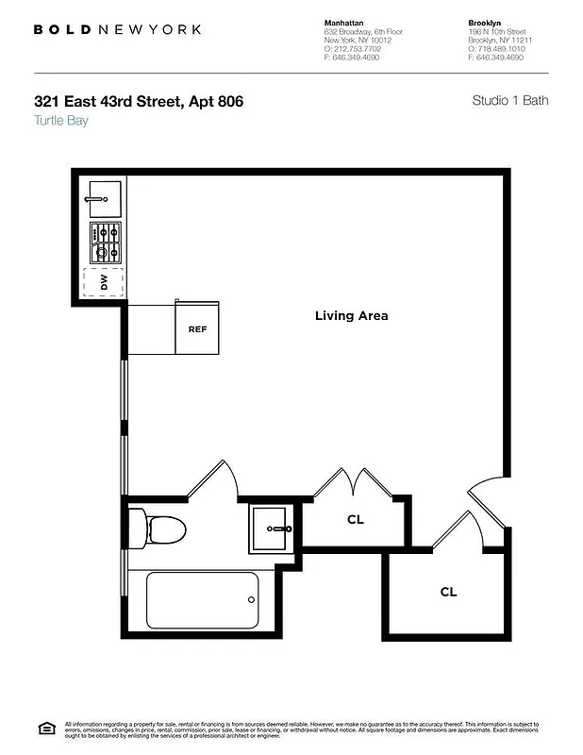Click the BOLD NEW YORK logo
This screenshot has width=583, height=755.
click(117, 29)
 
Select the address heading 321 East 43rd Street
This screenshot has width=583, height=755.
click(139, 100)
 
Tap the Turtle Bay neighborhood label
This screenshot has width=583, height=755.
click(60, 120)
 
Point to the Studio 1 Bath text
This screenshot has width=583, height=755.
click(509, 100)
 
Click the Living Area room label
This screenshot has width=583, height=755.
click(351, 316)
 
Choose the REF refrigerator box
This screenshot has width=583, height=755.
click(197, 329)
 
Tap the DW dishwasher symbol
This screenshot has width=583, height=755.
click(103, 283)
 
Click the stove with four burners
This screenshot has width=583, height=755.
click(105, 243)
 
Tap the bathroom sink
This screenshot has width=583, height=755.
click(272, 528)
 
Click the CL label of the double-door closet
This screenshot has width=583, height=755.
click(356, 519)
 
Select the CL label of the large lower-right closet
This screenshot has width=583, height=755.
click(448, 592)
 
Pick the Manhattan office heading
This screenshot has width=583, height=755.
click(345, 21)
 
